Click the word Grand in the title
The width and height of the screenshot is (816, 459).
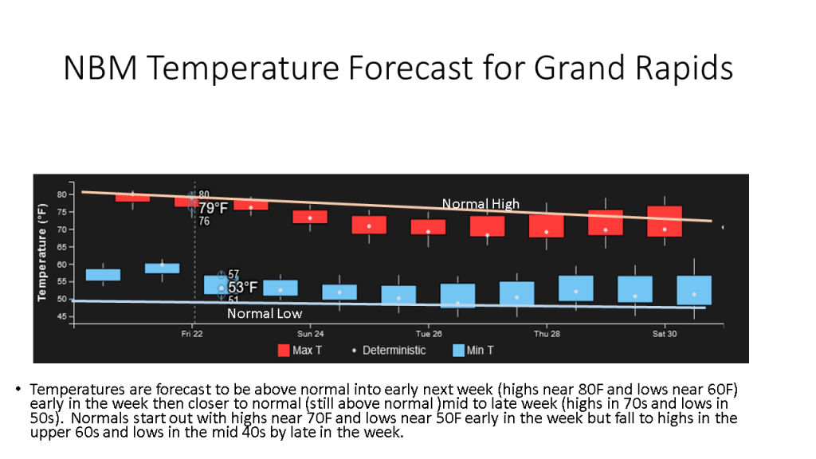click(579, 68)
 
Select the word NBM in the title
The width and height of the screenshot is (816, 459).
click(100, 68)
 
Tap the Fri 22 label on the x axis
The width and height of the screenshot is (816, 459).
click(192, 334)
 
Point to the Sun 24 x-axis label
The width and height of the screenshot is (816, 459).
click(310, 334)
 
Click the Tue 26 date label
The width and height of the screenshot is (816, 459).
click(428, 334)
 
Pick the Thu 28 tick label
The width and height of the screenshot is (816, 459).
click(547, 334)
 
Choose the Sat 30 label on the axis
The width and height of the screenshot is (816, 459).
click(665, 334)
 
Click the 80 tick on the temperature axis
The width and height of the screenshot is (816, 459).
click(62, 194)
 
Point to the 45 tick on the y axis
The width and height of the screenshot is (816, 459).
click(62, 316)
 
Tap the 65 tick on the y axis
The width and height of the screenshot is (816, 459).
click(62, 247)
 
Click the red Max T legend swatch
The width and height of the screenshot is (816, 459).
click(284, 351)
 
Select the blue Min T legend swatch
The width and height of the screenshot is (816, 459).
click(458, 351)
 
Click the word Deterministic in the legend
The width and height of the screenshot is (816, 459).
click(394, 351)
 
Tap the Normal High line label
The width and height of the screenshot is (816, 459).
click(481, 203)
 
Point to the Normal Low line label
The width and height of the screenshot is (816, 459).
click(265, 313)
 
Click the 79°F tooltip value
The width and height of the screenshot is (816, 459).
click(214, 208)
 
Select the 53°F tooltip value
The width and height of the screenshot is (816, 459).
click(242, 287)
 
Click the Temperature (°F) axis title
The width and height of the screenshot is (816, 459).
click(42, 253)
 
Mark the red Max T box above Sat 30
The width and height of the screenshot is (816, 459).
click(665, 222)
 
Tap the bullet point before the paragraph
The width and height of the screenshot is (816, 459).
click(18, 389)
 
